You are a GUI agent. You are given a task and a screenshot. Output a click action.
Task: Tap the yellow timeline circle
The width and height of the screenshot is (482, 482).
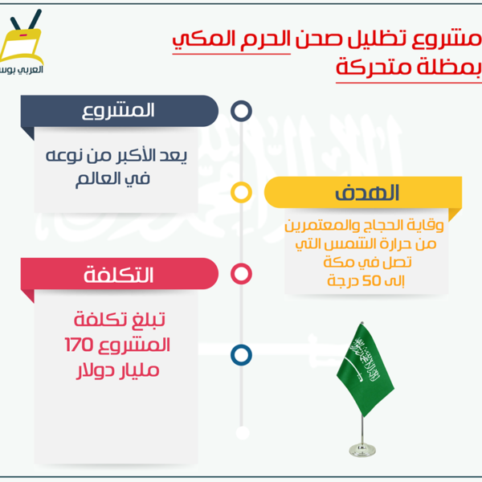point(241,182)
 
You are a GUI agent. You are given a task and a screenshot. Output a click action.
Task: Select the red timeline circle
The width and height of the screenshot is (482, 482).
point(241,263)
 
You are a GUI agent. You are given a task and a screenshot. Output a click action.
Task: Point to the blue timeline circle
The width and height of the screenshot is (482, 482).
point(241,345)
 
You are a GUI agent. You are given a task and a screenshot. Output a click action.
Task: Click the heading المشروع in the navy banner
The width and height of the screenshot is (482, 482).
point(118,111)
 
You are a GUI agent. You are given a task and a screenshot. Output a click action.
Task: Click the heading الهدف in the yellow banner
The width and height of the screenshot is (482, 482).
point(367,193)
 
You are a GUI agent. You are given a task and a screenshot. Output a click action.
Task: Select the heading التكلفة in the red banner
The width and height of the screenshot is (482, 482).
point(118,274)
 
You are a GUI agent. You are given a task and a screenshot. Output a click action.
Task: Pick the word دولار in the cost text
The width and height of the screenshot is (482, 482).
point(93,370)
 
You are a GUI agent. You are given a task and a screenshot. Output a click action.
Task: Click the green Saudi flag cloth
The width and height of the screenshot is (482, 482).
point(366,369)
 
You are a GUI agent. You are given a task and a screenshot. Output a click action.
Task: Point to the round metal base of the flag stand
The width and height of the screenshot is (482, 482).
point(362,450)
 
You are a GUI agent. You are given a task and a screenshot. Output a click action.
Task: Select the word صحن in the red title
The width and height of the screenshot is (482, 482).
point(319,39)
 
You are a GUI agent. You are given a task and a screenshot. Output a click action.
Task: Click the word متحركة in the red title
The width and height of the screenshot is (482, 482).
point(374,67)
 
